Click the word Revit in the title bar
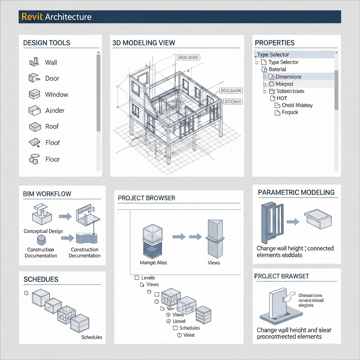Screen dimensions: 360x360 [32, 17]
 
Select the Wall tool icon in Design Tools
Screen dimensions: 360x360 [34, 62]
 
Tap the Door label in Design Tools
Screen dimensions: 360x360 [52, 78]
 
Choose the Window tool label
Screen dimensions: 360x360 [56, 95]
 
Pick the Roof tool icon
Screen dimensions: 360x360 [34, 127]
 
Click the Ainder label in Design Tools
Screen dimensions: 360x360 [55, 110]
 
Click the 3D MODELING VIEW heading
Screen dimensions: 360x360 [143, 43]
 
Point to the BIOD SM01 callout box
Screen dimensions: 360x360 [188, 57]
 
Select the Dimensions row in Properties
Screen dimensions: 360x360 [288, 77]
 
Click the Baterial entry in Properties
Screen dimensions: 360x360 [277, 69]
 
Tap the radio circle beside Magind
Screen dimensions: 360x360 [271, 84]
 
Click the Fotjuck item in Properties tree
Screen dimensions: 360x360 [290, 112]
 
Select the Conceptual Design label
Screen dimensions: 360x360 [43, 231]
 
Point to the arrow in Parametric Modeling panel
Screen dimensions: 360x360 [292, 222]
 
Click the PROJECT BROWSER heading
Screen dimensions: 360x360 [146, 198]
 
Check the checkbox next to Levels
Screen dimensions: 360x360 [137, 278]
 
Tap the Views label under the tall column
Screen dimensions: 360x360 [213, 263]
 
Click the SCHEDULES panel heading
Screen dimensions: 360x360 [41, 279]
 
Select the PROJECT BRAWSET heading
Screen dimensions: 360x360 [281, 276]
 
